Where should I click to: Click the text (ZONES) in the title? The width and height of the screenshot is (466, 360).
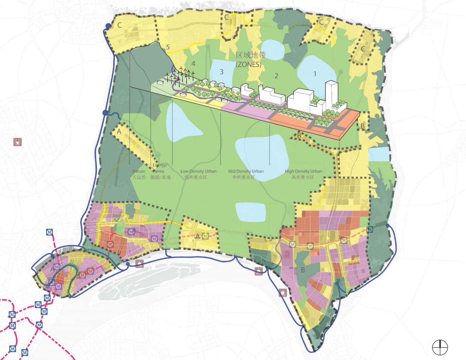pyautogui.click(x=248, y=64)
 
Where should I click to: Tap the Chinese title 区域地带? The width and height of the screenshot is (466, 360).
pyautogui.click(x=251, y=55)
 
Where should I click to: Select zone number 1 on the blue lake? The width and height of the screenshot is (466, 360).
pyautogui.click(x=315, y=74)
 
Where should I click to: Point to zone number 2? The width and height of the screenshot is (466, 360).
pyautogui.click(x=276, y=76)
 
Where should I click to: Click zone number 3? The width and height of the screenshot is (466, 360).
pyautogui.click(x=221, y=72)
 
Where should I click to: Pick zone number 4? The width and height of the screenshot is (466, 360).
pyautogui.click(x=193, y=63)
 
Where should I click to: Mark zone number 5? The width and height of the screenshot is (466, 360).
pyautogui.click(x=168, y=47)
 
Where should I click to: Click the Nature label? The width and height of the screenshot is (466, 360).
pyautogui.click(x=139, y=171)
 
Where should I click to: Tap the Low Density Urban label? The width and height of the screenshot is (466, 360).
pyautogui.click(x=198, y=171)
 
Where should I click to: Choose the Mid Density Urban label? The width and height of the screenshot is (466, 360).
pyautogui.click(x=246, y=171)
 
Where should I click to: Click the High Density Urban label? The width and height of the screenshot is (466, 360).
pyautogui.click(x=303, y=171)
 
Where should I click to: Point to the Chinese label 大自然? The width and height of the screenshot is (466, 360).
pyautogui.click(x=139, y=177)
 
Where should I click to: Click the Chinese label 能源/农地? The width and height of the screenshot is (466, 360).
pyautogui.click(x=160, y=177)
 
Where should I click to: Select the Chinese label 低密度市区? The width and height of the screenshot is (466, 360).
pyautogui.click(x=196, y=177)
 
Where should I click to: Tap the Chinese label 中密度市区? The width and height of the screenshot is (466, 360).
pyautogui.click(x=244, y=177)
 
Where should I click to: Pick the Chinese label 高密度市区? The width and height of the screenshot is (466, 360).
pyautogui.click(x=303, y=177)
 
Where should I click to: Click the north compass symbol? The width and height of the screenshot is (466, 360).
pyautogui.click(x=440, y=347)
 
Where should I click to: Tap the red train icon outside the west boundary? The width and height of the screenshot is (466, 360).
pyautogui.click(x=17, y=142)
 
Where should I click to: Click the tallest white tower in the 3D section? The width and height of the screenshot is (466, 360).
pyautogui.click(x=331, y=94)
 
